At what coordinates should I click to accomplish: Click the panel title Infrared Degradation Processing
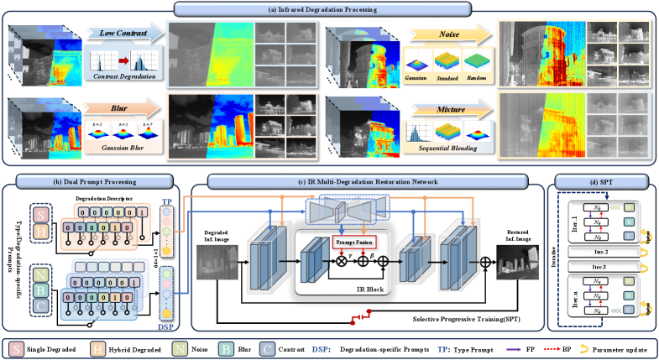[329, 10]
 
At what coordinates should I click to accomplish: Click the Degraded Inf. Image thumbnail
[215, 257]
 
